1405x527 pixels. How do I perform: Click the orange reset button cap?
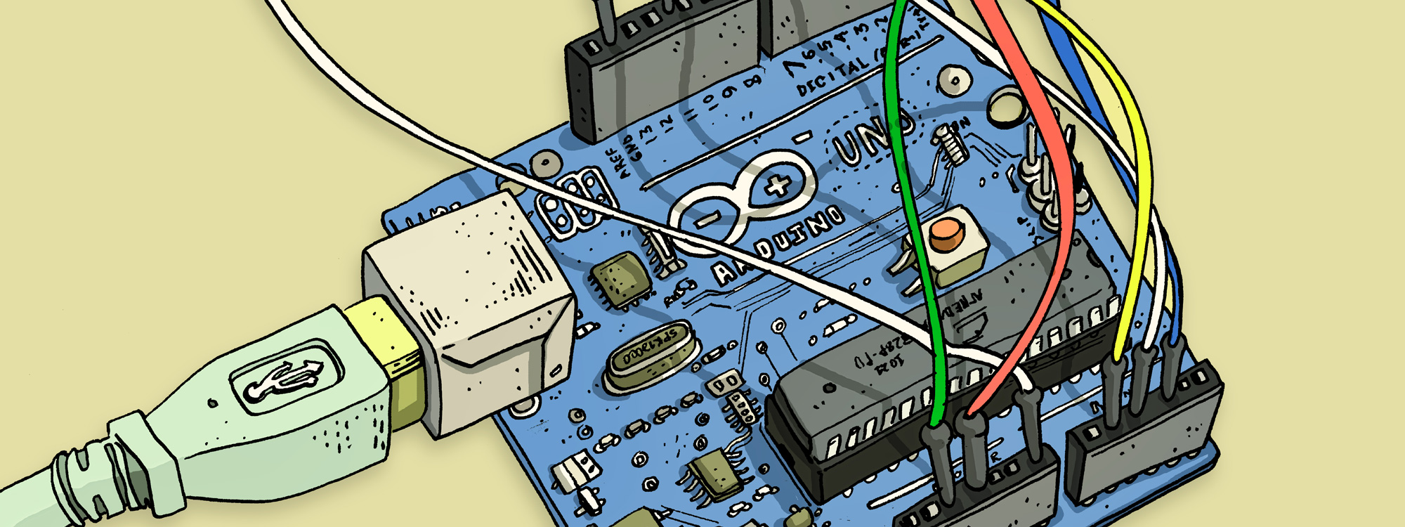946,233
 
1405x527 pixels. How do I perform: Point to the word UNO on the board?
871,137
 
